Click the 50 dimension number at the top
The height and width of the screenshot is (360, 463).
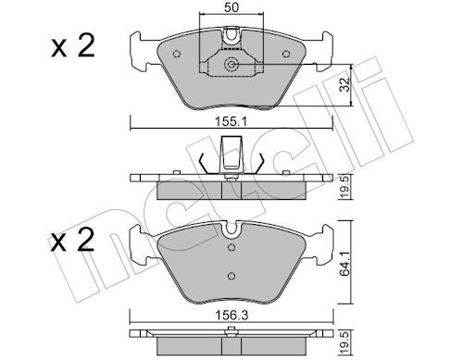(231, 7)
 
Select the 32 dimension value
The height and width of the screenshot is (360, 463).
(345, 84)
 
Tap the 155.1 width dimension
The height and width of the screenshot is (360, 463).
(231, 121)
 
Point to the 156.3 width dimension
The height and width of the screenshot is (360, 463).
(231, 315)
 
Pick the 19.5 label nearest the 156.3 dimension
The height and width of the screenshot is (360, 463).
(345, 342)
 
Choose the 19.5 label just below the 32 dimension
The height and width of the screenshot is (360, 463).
(345, 187)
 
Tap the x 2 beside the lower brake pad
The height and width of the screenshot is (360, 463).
(72, 240)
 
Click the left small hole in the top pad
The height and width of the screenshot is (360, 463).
(177, 54)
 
